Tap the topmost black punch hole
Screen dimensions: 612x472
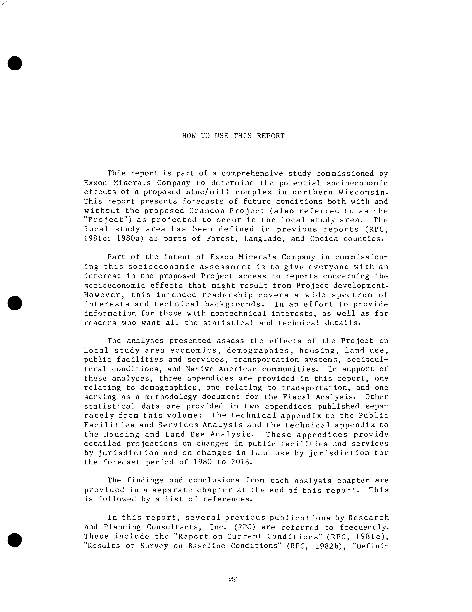(x=15, y=63)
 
